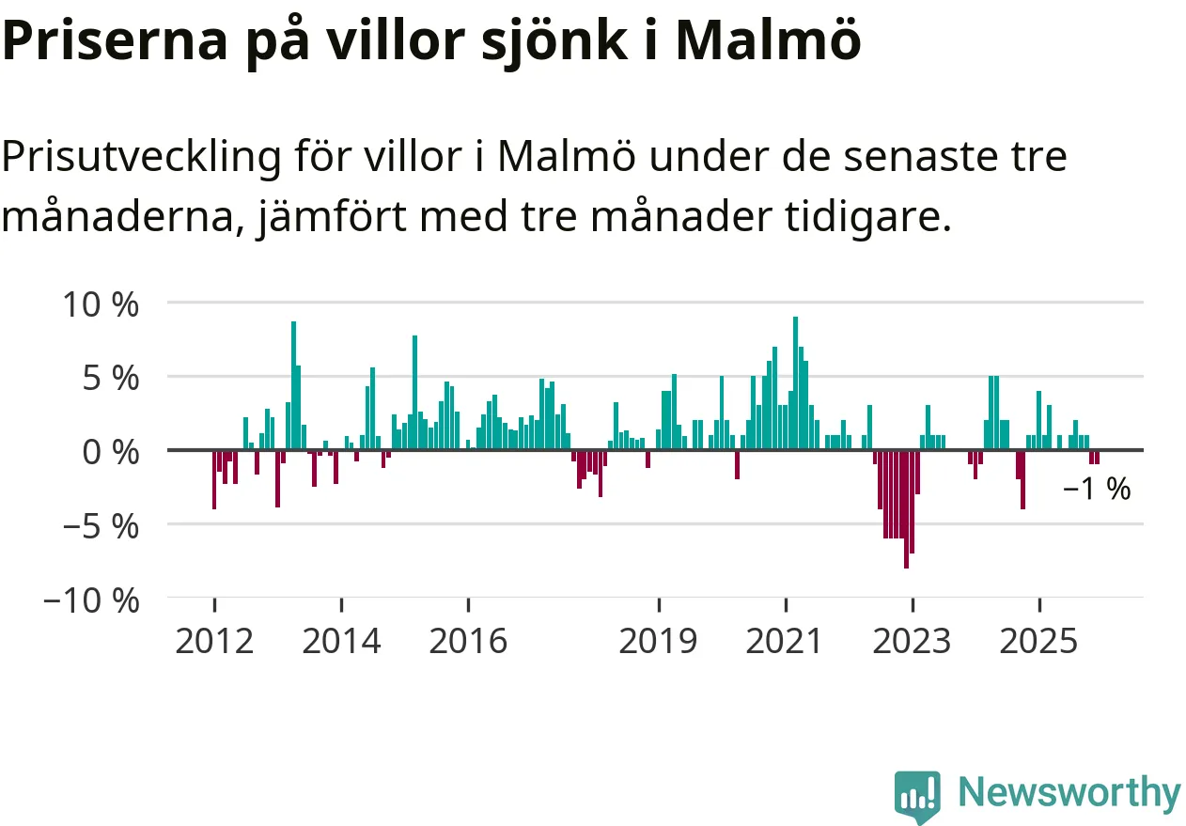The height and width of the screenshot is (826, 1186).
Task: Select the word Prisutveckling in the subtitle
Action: coord(141,157)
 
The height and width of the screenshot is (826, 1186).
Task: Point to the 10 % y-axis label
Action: coord(100,304)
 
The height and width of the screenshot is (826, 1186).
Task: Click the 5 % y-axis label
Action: coord(111,378)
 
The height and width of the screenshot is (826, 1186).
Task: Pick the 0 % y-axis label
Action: coord(111,451)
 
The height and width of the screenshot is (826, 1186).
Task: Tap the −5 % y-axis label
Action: coord(100,525)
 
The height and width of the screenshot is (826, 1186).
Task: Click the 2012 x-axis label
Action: coord(214,641)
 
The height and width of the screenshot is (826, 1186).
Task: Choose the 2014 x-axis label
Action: coord(342,641)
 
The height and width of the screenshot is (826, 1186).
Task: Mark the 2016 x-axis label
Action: coord(468,641)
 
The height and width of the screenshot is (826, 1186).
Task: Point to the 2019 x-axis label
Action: coord(659,641)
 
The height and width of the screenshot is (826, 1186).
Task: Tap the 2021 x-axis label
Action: coord(785,641)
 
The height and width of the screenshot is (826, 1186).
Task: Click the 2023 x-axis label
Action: coord(912,641)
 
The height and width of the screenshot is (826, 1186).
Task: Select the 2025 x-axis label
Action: coord(1038,641)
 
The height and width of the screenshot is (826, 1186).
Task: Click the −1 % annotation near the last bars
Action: coord(1097,490)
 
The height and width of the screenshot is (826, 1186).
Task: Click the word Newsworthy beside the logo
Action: coord(1069,792)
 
